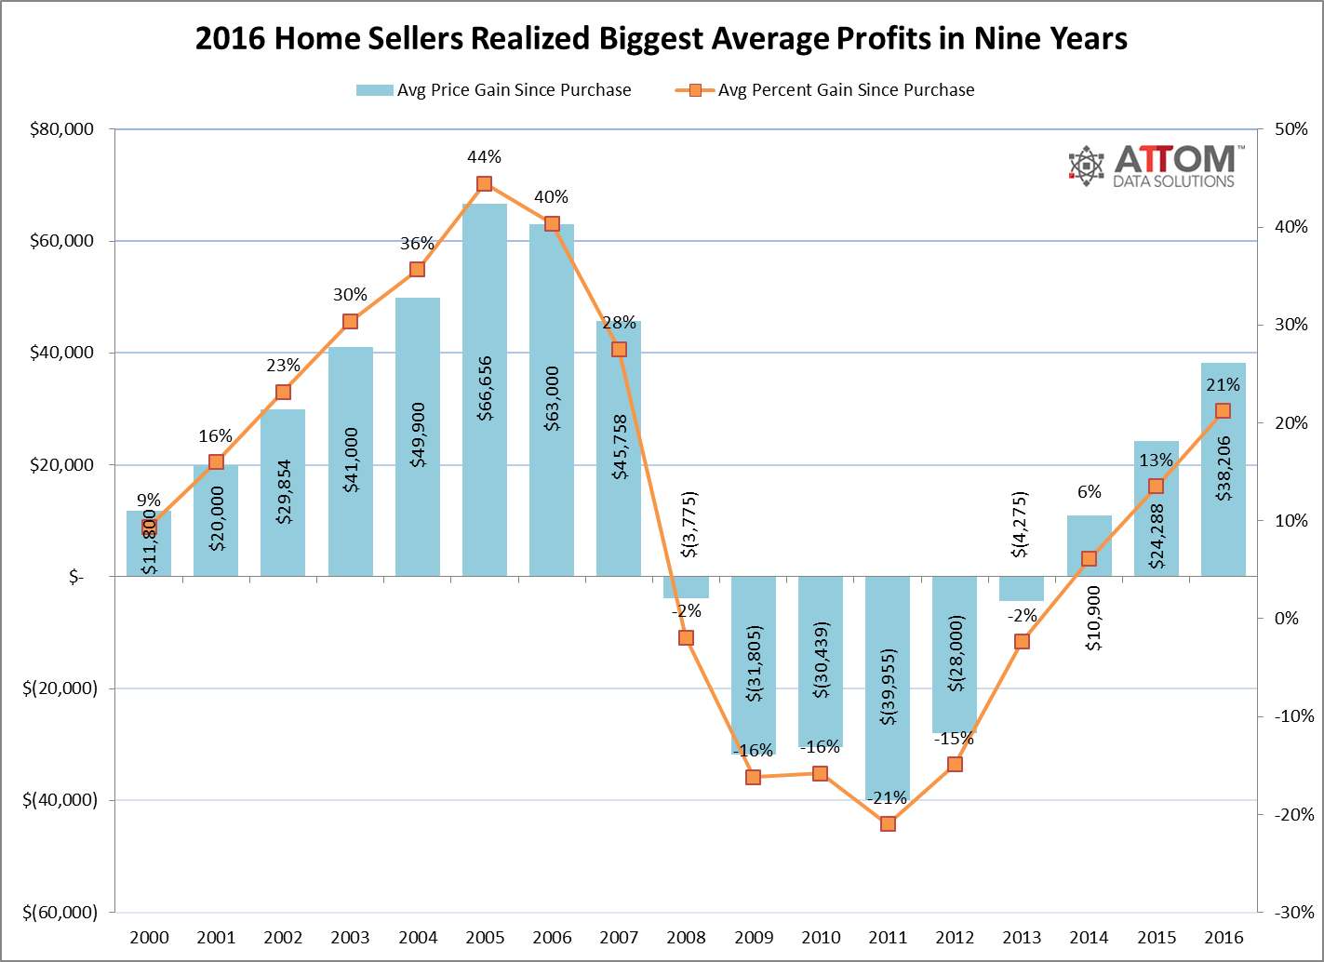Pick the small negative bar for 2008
coord(686,587)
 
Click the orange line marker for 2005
coord(484,183)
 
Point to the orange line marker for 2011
coord(888,823)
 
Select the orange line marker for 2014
coord(1089,558)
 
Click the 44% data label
coord(484,157)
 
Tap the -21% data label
coord(888,798)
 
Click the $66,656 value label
coord(485,388)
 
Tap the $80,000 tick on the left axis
coord(62,129)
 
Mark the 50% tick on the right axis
coord(1291,129)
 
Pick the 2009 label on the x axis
coord(753,937)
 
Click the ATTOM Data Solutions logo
coord(1152,167)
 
